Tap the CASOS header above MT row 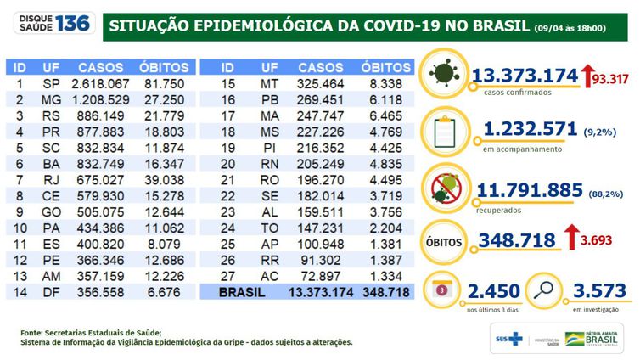[322, 67]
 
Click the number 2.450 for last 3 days [492, 292]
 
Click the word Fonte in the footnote [34, 332]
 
